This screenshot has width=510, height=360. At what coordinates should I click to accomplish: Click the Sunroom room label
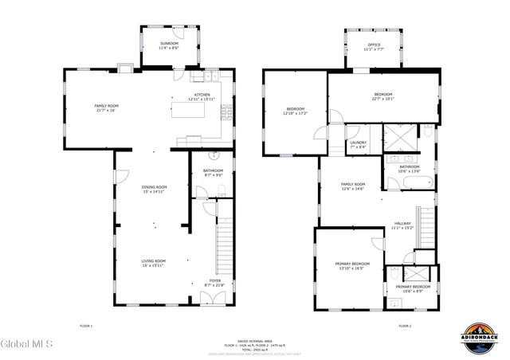coord(169,45)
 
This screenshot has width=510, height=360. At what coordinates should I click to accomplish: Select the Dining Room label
coord(154,189)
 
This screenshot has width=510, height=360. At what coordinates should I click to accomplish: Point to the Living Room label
coord(154,263)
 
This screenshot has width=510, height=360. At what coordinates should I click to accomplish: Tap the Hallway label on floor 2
coord(402,225)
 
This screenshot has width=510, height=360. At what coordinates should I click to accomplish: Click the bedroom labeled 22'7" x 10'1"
coord(382,96)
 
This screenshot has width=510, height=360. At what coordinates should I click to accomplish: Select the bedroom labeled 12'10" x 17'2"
coord(295,112)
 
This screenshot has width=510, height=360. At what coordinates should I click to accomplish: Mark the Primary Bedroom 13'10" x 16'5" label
coord(352,266)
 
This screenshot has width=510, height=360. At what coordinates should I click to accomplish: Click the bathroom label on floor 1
coord(213,173)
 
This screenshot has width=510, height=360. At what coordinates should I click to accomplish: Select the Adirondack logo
coord(483,335)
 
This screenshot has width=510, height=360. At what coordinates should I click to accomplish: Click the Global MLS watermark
coord(26,344)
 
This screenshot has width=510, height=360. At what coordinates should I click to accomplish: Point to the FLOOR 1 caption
coord(86,326)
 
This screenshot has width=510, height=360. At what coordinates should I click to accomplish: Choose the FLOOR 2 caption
coord(405,326)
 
